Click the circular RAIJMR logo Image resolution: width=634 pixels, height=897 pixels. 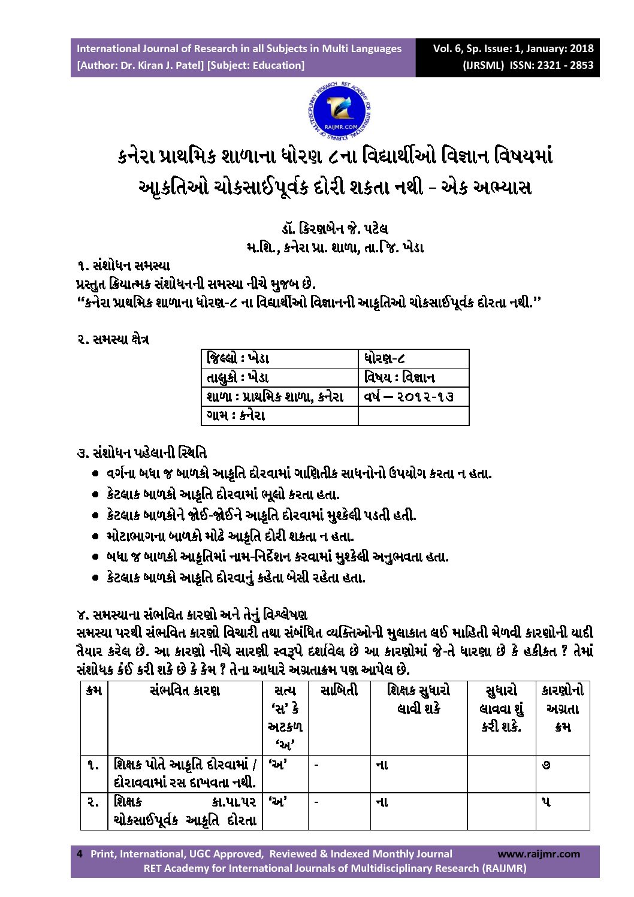(339, 111)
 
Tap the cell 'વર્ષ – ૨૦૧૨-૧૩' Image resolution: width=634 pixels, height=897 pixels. (409, 397)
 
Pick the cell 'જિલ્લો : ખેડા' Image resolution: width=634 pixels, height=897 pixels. (238, 359)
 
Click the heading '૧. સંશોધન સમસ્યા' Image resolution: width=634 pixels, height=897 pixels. (123, 265)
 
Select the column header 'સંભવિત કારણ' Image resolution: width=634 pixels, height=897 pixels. (185, 691)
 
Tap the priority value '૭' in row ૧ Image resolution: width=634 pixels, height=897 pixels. (546, 765)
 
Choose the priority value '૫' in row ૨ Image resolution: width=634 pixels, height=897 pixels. (546, 802)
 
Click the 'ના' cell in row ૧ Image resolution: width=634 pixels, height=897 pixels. (382, 765)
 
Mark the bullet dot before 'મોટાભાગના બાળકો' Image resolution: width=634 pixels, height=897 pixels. (95, 536)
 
